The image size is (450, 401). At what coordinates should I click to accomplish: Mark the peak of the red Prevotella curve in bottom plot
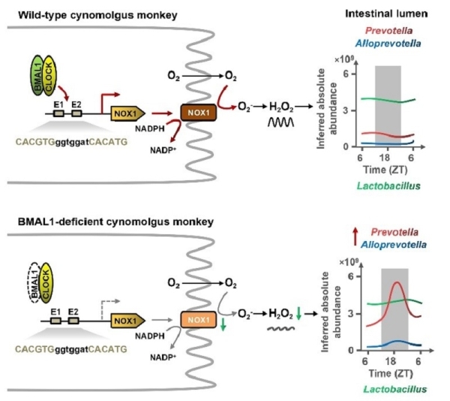pos(395,282)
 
